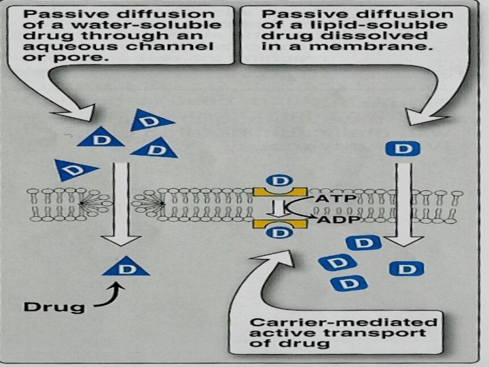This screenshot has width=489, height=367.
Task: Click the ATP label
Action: (332, 199)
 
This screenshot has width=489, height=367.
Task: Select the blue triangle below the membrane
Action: (126, 267)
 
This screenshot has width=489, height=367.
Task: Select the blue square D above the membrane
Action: (403, 148)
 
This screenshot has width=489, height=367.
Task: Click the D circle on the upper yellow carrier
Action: (278, 181)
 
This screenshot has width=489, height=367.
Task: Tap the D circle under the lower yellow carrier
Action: (278, 233)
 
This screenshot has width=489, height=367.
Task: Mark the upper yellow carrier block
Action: (279, 192)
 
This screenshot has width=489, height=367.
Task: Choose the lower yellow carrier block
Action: (279, 223)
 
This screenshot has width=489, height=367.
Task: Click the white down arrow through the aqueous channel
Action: (122, 204)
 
